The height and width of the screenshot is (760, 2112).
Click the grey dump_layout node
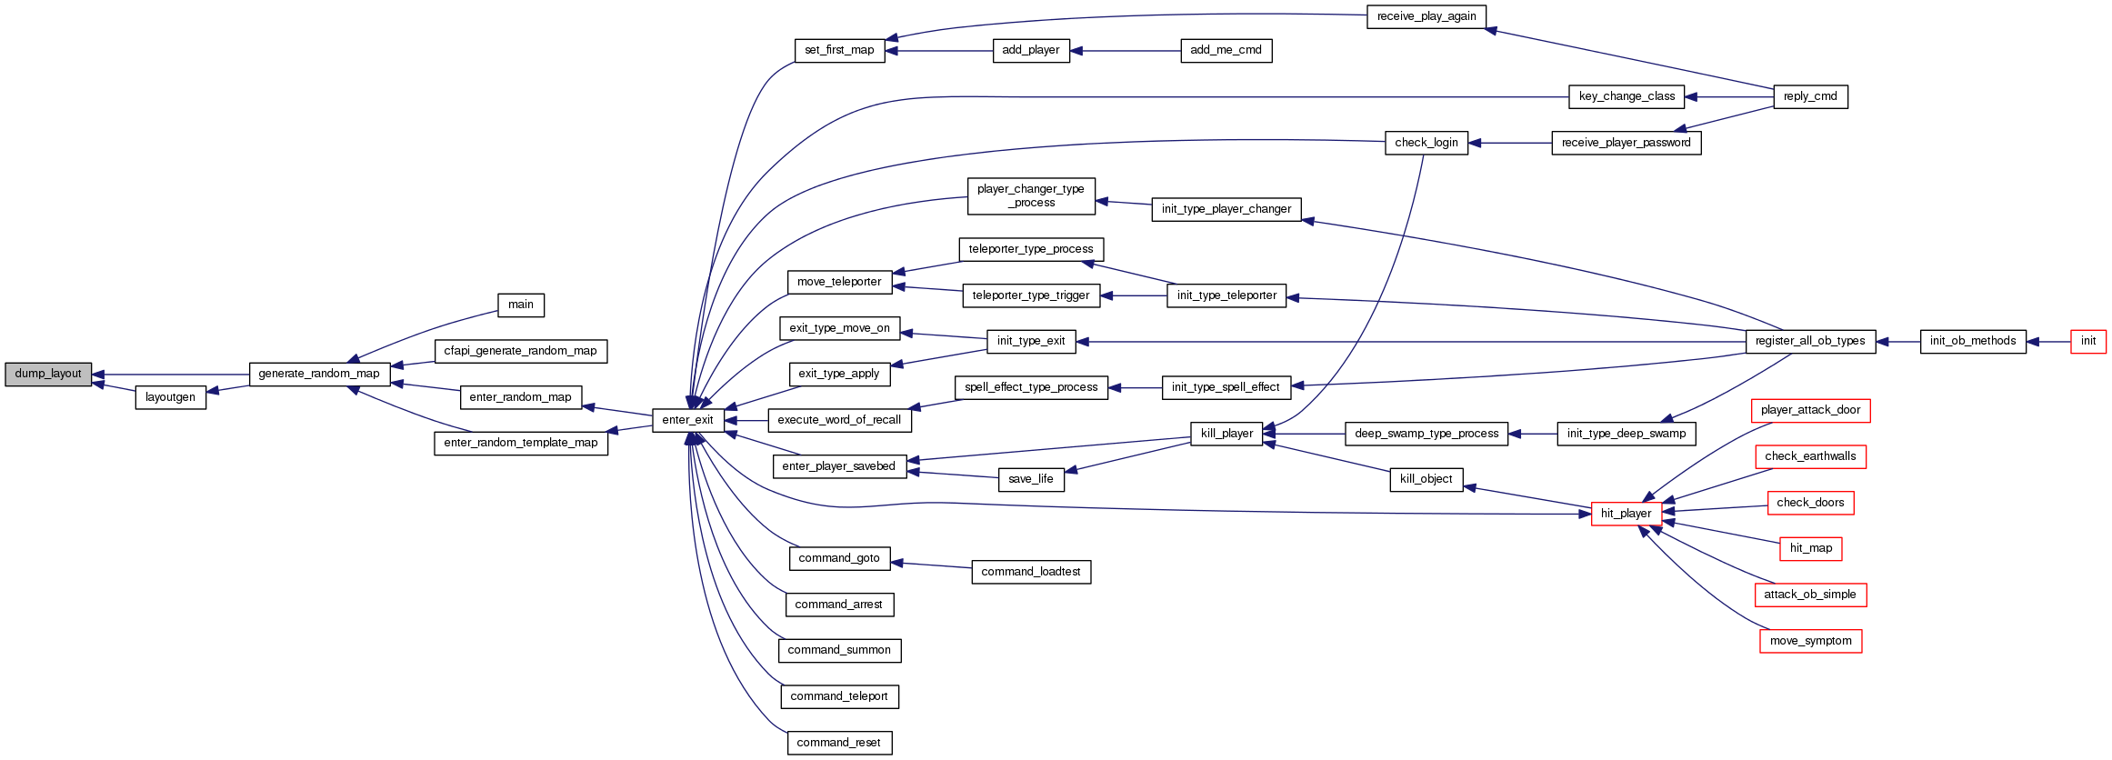48,374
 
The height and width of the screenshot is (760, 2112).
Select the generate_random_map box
319,374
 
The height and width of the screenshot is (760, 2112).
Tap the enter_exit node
687,420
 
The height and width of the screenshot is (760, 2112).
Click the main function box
521,305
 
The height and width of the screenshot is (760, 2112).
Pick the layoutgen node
170,397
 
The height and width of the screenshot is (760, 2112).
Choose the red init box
2087,341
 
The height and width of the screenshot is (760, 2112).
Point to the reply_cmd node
1810,96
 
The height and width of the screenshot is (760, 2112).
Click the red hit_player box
1626,514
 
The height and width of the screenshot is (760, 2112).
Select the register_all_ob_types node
1809,341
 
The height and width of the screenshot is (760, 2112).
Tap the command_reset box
838,743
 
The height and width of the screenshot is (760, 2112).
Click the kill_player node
1226,434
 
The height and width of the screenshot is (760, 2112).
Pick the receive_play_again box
1426,16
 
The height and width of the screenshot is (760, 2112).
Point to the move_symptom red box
1810,641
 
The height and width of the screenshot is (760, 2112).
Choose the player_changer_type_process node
1030,195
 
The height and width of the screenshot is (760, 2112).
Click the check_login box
1426,143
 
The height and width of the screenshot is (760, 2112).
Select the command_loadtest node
1030,572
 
